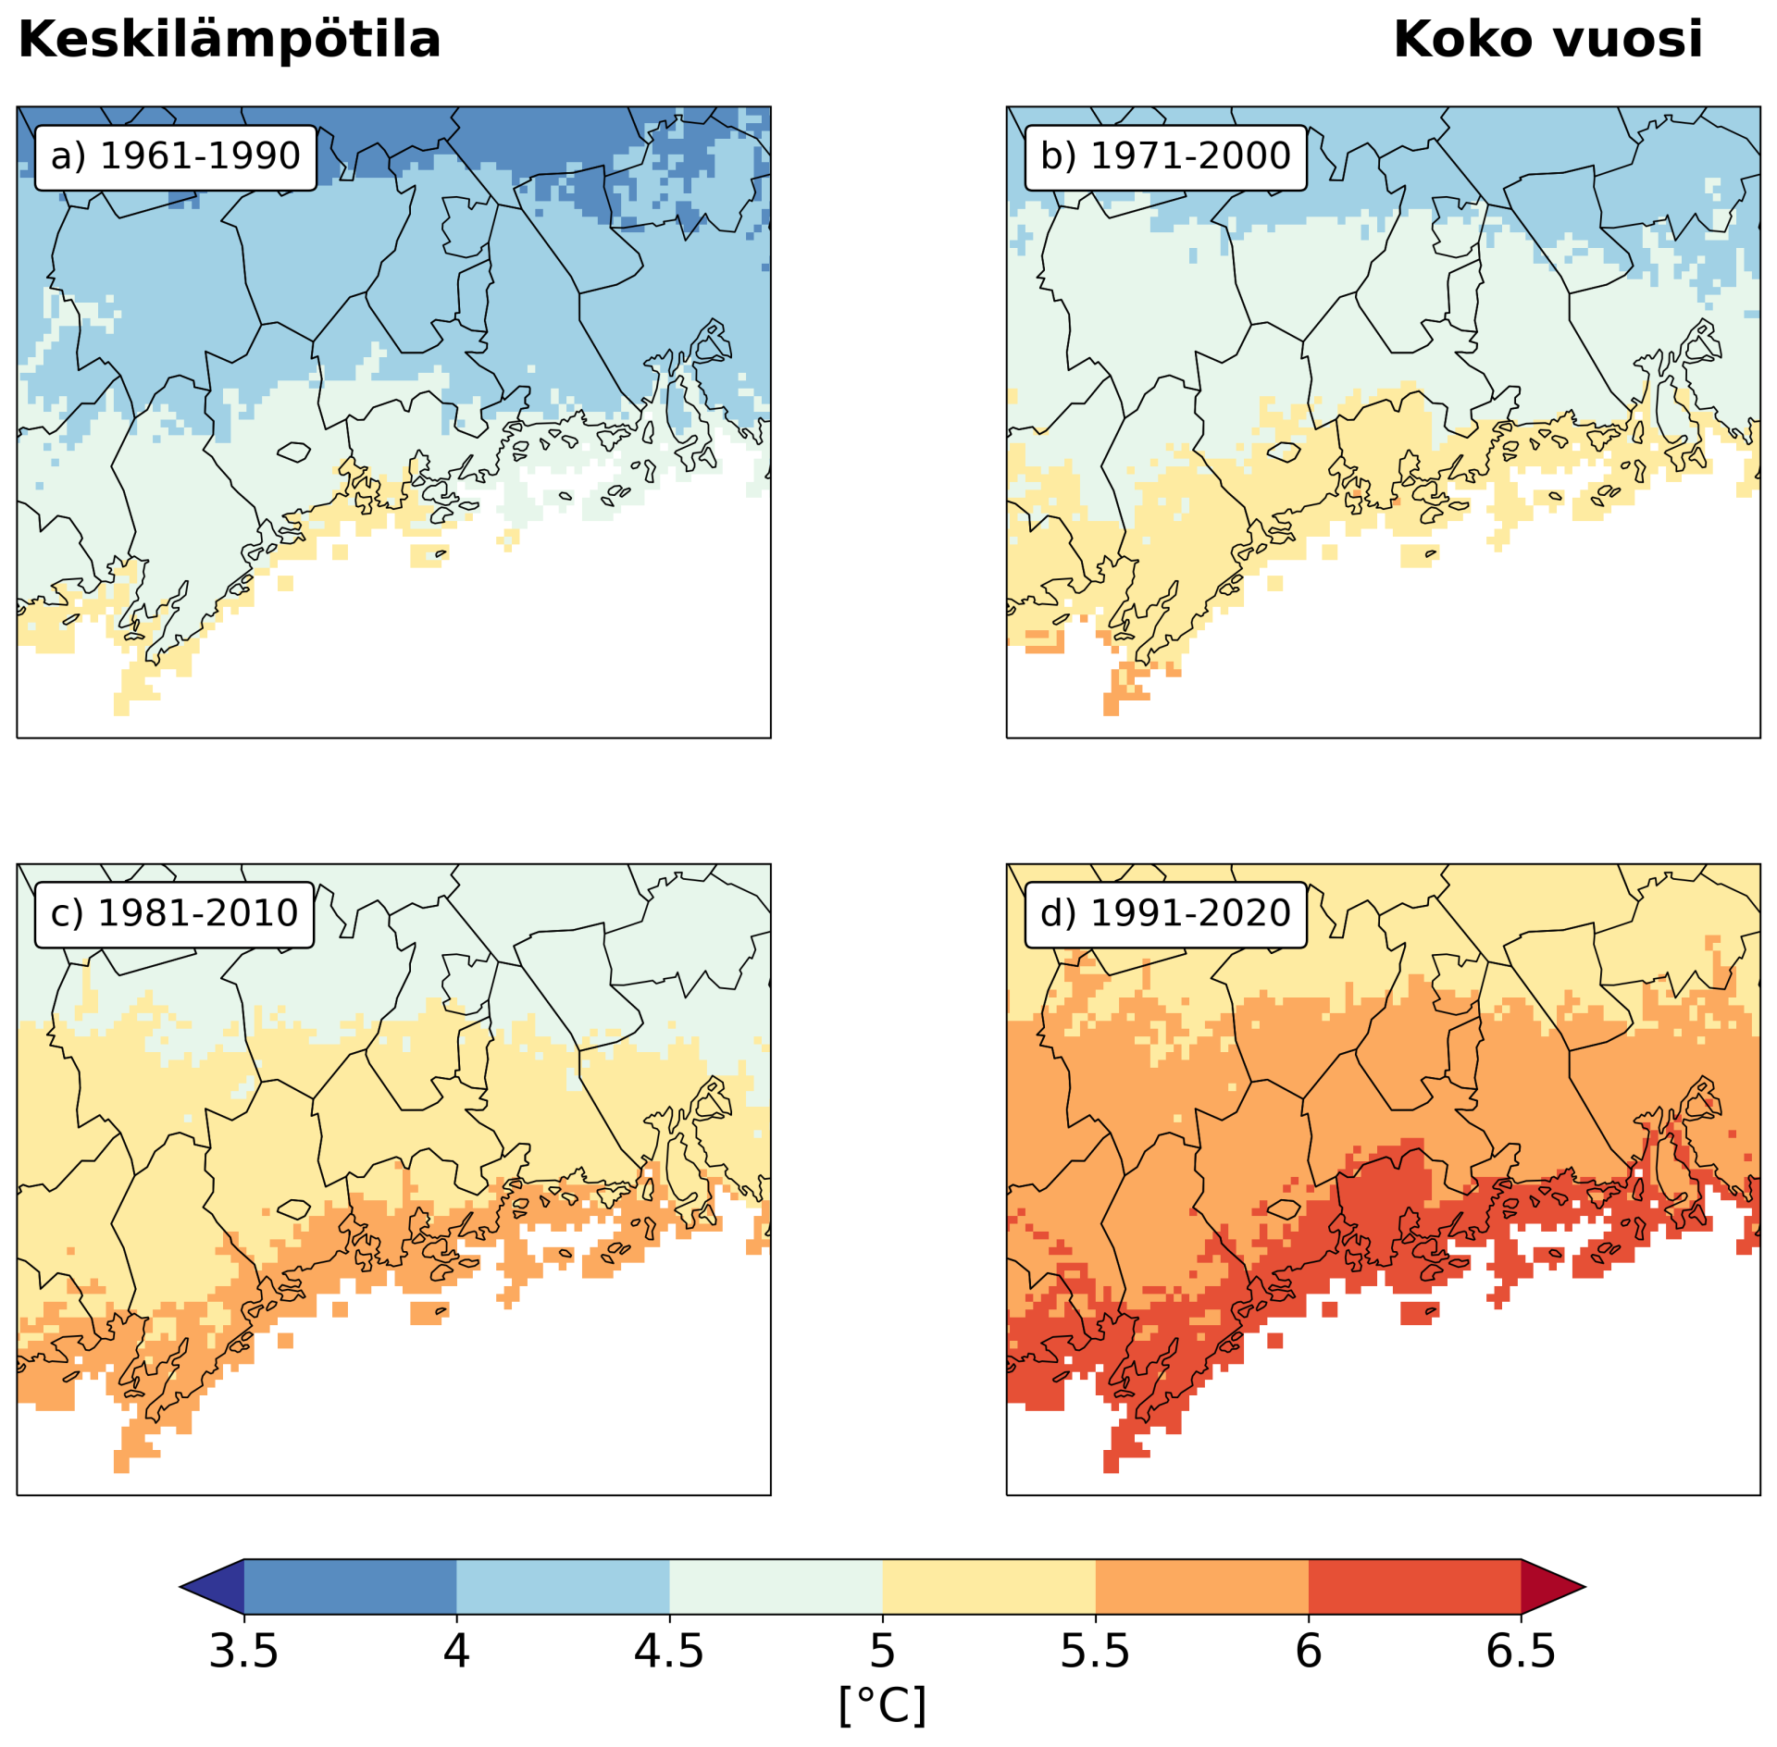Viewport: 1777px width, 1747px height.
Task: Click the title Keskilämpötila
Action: tap(229, 40)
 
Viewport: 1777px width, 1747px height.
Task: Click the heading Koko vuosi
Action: tap(1547, 40)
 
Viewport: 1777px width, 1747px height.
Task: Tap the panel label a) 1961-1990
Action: tap(176, 156)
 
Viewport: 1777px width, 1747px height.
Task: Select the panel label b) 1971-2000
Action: tap(1165, 156)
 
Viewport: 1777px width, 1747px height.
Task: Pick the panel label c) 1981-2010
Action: tap(174, 913)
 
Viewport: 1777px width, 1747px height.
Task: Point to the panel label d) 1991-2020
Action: tap(1165, 913)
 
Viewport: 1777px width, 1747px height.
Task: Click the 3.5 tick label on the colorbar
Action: tap(243, 1652)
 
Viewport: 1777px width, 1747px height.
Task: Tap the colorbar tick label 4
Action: tap(456, 1652)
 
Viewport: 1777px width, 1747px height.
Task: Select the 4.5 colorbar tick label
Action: tap(669, 1652)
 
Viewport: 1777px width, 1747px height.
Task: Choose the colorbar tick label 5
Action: tap(882, 1652)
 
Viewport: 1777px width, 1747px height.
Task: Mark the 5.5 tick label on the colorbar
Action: tap(1095, 1652)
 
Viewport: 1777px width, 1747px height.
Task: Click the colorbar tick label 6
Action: tap(1308, 1652)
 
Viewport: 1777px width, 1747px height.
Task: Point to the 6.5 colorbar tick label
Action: tap(1521, 1652)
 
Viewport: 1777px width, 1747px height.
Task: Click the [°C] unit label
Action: tap(882, 1704)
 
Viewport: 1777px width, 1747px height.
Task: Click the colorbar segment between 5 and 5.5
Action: tap(988, 1587)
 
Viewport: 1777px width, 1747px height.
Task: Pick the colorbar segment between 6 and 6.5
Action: tap(1414, 1587)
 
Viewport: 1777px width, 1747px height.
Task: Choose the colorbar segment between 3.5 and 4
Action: tap(350, 1587)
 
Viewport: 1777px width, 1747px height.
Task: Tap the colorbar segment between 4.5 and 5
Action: tap(776, 1587)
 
